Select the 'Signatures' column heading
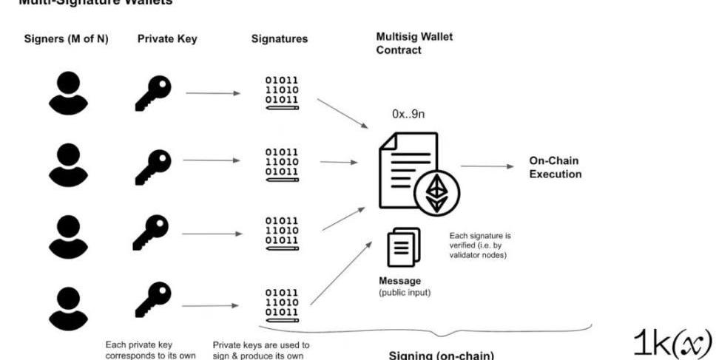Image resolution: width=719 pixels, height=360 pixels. point(280,40)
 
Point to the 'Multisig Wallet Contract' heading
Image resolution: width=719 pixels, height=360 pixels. point(414,43)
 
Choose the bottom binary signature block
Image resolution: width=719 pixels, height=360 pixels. point(282,304)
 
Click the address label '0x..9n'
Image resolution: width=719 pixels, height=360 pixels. point(408,115)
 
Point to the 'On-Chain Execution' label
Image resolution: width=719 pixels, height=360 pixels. point(555,168)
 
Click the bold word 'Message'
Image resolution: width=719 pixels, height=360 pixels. point(399,281)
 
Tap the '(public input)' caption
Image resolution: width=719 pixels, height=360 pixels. point(405,293)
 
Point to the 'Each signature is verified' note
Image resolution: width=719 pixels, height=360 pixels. point(481,245)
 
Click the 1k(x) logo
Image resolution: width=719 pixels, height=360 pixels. point(672,341)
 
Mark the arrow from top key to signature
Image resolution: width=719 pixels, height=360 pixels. point(213,93)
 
